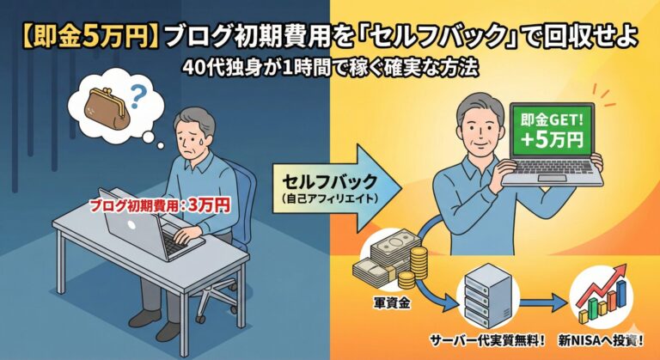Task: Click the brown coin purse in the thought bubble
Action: tap(107, 108)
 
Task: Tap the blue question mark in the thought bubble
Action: tap(136, 96)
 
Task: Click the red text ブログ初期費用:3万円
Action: tap(161, 206)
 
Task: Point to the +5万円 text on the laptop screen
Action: tap(552, 139)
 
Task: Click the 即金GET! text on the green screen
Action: tap(552, 120)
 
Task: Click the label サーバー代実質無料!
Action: tap(487, 341)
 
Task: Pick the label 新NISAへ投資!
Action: tap(601, 341)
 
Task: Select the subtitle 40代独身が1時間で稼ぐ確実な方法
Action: tap(331, 67)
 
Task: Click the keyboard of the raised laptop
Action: tap(553, 168)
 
